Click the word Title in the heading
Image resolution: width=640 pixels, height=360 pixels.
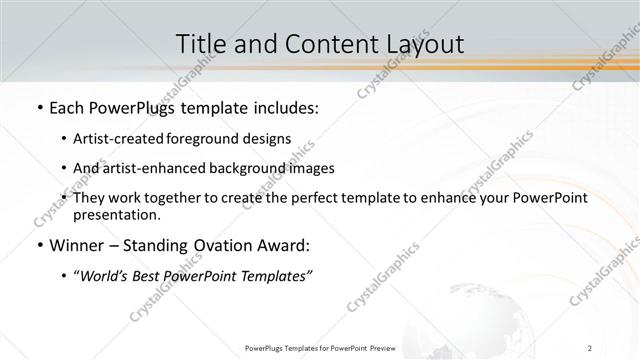(x=199, y=44)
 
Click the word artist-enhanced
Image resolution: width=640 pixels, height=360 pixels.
(x=154, y=168)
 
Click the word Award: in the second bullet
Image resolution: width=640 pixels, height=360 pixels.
(x=288, y=245)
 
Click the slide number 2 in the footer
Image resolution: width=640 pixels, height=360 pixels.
(x=590, y=347)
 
